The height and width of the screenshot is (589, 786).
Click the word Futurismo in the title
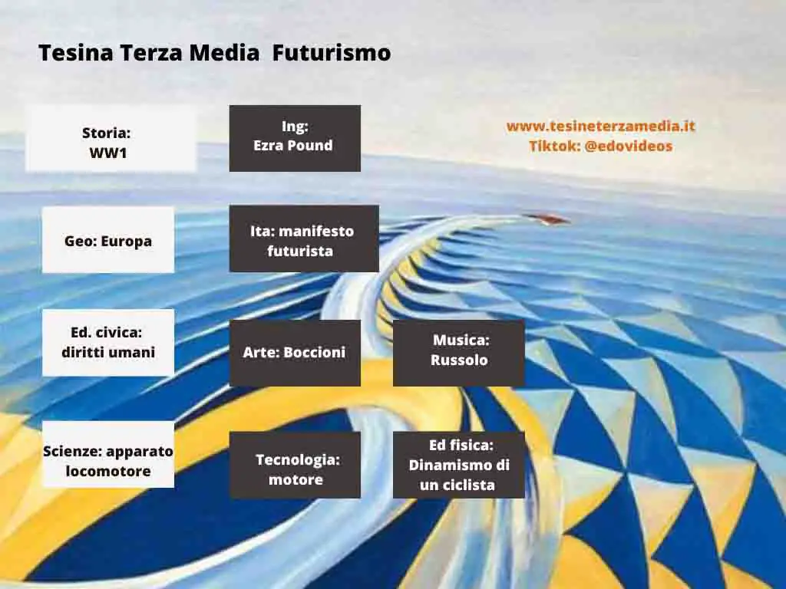[332, 53]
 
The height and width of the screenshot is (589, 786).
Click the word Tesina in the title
[76, 53]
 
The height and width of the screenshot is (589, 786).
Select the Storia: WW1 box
[111, 138]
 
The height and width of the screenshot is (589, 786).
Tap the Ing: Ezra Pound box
[295, 138]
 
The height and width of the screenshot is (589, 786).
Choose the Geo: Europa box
[108, 240]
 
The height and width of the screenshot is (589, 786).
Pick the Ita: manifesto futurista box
[304, 239]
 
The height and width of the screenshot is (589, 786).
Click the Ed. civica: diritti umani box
[108, 343]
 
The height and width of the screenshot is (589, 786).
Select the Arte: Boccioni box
[295, 353]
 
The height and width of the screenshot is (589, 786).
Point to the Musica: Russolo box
[459, 353]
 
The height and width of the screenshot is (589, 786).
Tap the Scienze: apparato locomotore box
[108, 454]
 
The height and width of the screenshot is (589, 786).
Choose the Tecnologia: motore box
[295, 465]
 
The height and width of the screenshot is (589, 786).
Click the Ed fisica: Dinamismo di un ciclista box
[459, 465]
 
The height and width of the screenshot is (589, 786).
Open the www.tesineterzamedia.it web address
[600, 126]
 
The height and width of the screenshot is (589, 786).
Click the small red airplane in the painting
[547, 219]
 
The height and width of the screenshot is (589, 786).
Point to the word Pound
[313, 145]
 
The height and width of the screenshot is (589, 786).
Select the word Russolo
[459, 360]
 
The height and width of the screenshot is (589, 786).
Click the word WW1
[108, 153]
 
